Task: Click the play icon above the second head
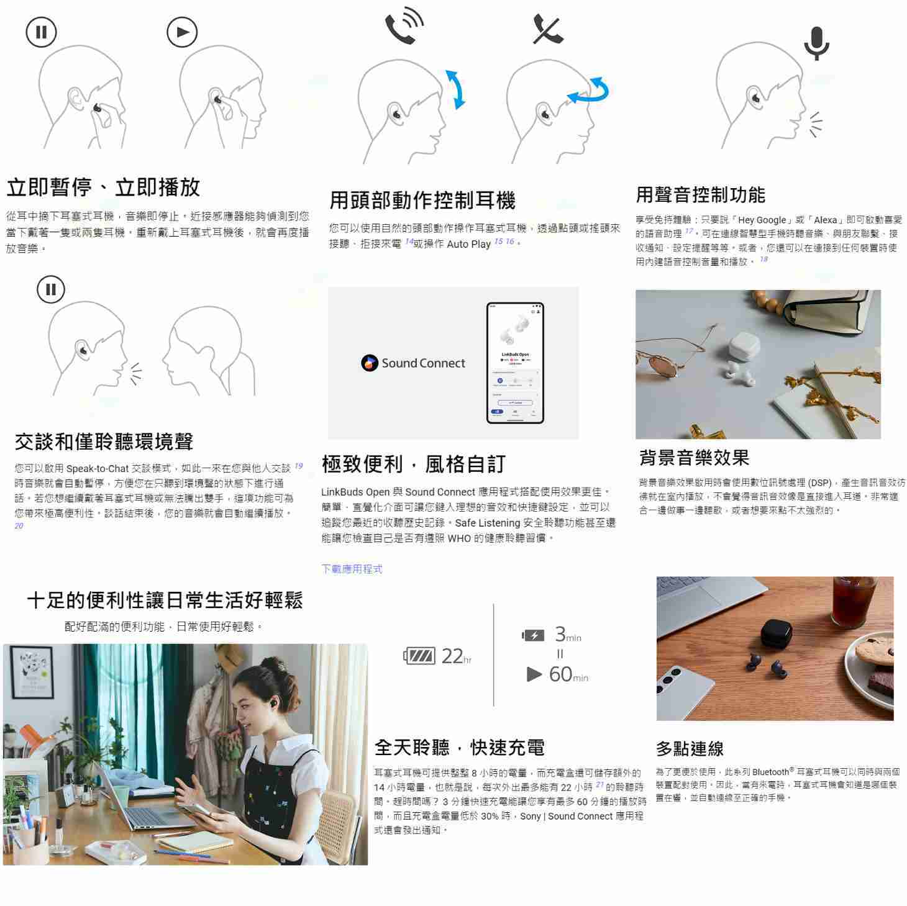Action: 182,32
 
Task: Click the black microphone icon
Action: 816,43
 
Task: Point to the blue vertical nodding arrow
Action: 456,89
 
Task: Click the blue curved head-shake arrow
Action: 590,91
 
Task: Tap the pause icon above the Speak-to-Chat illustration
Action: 51,289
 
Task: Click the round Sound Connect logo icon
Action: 370,363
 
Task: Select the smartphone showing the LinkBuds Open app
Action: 515,363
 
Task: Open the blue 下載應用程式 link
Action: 352,569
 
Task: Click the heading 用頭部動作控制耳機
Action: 422,200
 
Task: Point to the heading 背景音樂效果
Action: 694,458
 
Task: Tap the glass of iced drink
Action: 853,601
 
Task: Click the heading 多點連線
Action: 690,748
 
